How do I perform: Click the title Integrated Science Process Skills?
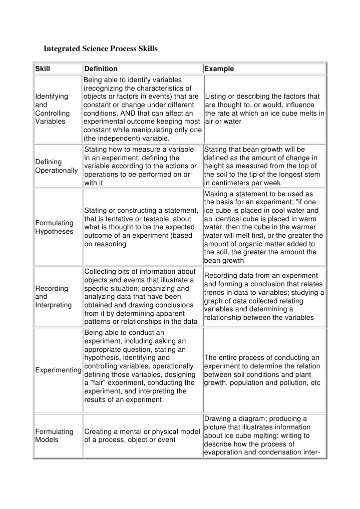coord(101,49)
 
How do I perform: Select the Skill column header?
coord(43,69)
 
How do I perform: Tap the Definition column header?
coord(101,69)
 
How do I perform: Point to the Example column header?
coord(219,69)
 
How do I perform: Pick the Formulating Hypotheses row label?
coord(54,227)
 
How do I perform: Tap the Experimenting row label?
coord(58,370)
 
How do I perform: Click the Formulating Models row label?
coord(54,435)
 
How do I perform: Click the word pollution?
coord(298,382)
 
